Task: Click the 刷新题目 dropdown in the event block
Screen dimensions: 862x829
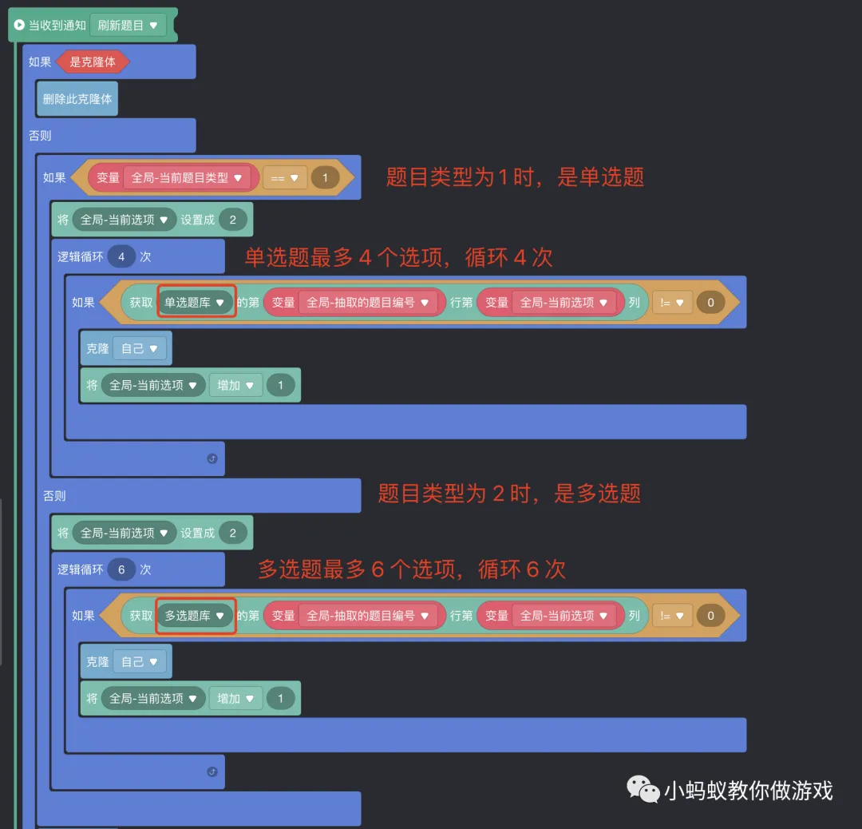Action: (128, 26)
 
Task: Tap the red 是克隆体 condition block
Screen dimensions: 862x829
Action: (93, 62)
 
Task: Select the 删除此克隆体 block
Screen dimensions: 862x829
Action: (77, 99)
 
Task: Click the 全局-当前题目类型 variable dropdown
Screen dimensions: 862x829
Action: (186, 177)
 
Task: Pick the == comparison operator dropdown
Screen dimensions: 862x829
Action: (284, 177)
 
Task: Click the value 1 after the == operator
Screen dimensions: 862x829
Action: (325, 177)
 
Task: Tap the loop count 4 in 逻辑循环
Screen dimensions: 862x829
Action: (121, 257)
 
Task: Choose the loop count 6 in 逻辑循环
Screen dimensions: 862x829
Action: (121, 570)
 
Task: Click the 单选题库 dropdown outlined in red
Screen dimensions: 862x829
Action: (196, 303)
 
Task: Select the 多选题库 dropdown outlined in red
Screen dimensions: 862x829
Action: (196, 616)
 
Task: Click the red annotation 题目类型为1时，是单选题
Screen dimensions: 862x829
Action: (515, 177)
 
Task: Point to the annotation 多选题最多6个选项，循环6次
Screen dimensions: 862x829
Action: (412, 569)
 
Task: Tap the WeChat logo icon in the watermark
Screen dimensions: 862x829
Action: (643, 789)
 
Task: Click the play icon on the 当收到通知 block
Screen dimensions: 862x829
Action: (19, 26)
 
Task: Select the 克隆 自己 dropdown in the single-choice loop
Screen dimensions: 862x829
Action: (139, 349)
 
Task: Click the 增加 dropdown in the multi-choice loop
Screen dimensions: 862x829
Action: (235, 699)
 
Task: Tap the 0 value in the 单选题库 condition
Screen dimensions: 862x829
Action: (711, 303)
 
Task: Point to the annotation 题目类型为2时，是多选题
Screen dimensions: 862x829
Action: (509, 494)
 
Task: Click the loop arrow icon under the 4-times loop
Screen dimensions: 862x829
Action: (212, 458)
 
